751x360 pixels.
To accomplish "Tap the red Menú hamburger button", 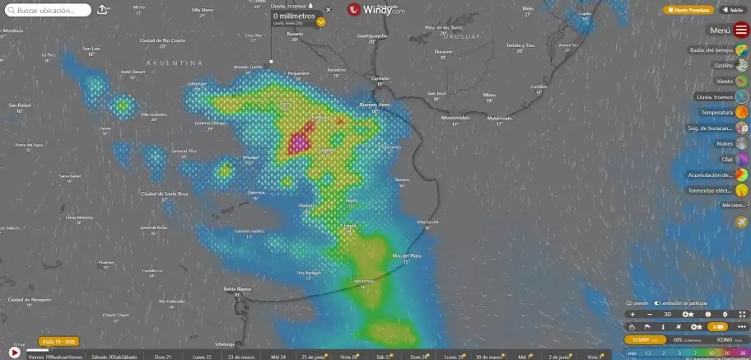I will [x=741, y=30].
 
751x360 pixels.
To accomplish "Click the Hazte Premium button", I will [x=688, y=10].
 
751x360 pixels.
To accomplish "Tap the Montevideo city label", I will [x=455, y=118].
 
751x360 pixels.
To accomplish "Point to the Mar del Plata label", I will [x=407, y=255].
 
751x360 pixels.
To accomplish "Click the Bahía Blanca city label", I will [x=237, y=288].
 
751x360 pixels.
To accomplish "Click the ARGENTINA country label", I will [x=174, y=63].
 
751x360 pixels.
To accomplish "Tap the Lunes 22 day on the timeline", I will [x=202, y=357].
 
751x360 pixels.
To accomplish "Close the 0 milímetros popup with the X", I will [x=328, y=11].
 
